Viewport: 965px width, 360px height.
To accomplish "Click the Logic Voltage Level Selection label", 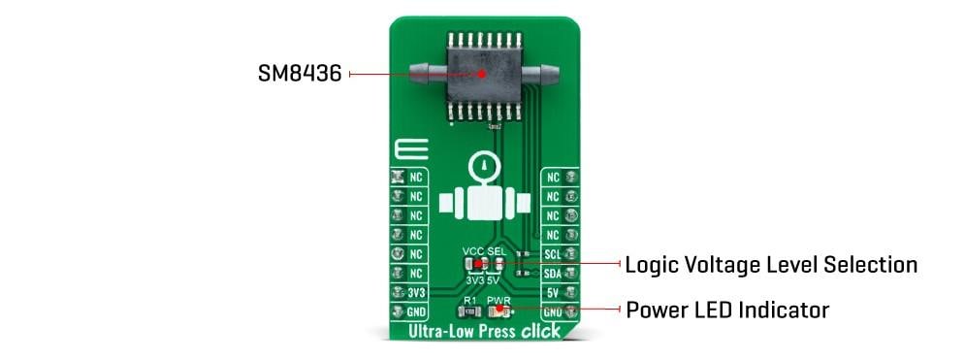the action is tap(771, 264).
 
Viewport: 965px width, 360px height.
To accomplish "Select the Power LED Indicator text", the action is tap(726, 311).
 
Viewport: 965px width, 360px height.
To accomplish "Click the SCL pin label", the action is tap(553, 255).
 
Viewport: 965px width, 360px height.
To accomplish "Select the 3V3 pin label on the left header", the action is tap(416, 293).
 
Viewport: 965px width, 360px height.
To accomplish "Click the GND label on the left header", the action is tap(416, 312).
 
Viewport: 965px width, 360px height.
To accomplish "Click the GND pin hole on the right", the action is tap(572, 311).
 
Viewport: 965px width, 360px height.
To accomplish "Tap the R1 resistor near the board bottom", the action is tap(470, 313).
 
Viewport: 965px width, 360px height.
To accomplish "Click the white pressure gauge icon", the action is tap(482, 194).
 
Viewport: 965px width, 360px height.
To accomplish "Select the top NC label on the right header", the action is tap(553, 179).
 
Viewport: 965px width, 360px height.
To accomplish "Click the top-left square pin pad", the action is tap(397, 179).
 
